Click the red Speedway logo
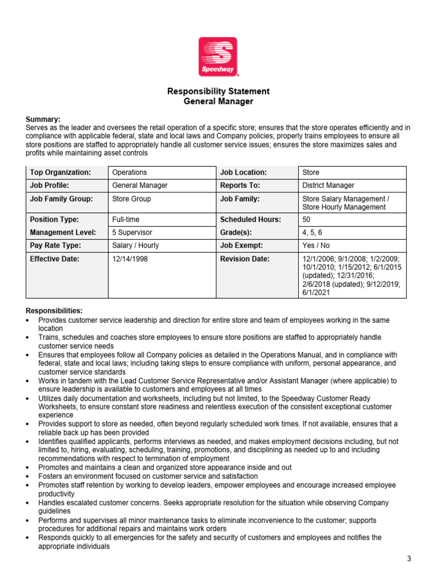click(218, 56)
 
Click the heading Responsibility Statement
click(218, 91)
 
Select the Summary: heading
click(43, 119)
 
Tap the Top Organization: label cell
click(60, 172)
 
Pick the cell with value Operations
click(130, 172)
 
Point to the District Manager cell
click(328, 185)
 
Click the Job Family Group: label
click(61, 199)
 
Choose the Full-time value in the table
click(126, 219)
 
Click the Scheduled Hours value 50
click(307, 219)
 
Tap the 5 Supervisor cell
click(132, 232)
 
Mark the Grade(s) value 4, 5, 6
click(312, 232)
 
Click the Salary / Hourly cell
click(135, 245)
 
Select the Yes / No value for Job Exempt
click(316, 245)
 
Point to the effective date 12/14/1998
click(131, 258)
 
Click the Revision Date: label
click(245, 258)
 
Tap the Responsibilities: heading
click(54, 310)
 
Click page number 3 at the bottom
click(409, 559)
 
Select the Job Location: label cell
click(244, 172)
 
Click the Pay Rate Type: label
click(55, 245)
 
